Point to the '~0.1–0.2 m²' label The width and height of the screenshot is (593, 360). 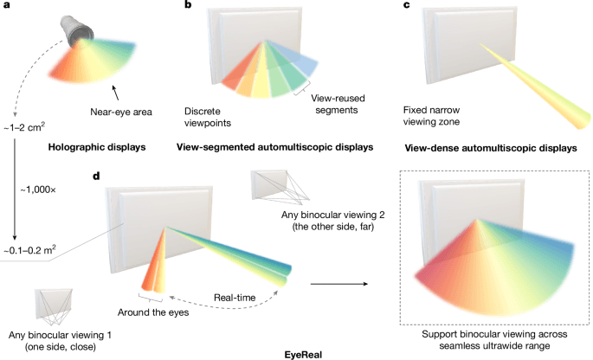(x=32, y=250)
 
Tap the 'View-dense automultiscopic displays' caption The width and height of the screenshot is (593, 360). (x=493, y=148)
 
